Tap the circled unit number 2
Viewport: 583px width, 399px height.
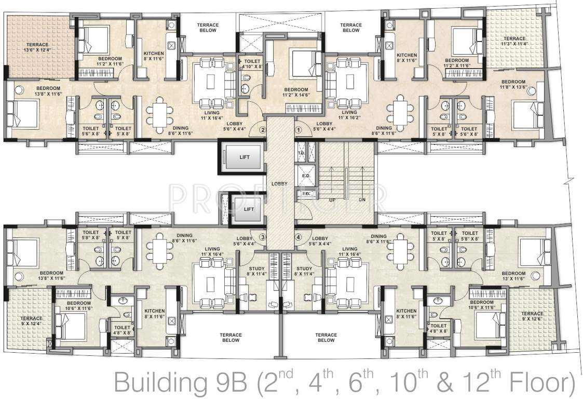click(263, 130)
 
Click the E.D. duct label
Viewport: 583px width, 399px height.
click(305, 177)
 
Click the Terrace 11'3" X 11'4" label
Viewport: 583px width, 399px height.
click(514, 42)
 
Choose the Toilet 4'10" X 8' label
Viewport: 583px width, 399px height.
click(250, 64)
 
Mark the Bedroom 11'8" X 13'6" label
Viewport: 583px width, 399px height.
click(513, 85)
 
